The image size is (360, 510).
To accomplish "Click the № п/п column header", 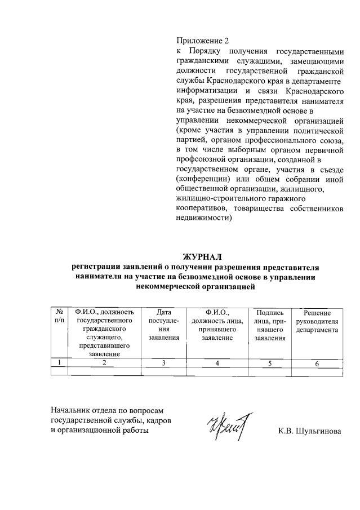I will (x=58, y=316).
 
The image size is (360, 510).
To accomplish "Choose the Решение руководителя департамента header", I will (x=317, y=321).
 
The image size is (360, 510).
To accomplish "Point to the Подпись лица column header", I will (x=270, y=325).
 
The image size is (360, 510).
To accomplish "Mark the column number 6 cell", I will (x=317, y=363).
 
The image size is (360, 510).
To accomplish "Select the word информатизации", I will (x=205, y=90).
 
